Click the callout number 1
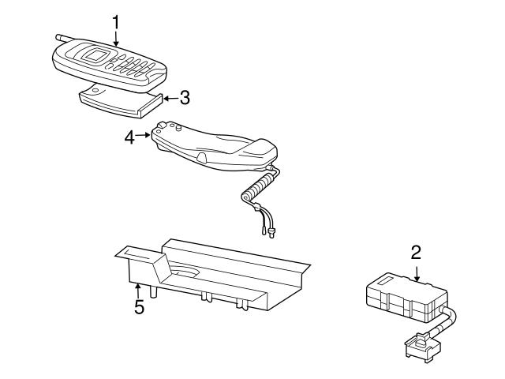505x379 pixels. click(116, 19)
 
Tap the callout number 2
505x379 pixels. click(416, 253)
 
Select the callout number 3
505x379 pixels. click(184, 99)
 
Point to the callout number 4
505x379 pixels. click(130, 137)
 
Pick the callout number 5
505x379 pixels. click(139, 307)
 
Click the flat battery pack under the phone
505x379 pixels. click(119, 100)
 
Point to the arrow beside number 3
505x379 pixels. click(168, 99)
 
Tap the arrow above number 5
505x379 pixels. click(138, 289)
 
